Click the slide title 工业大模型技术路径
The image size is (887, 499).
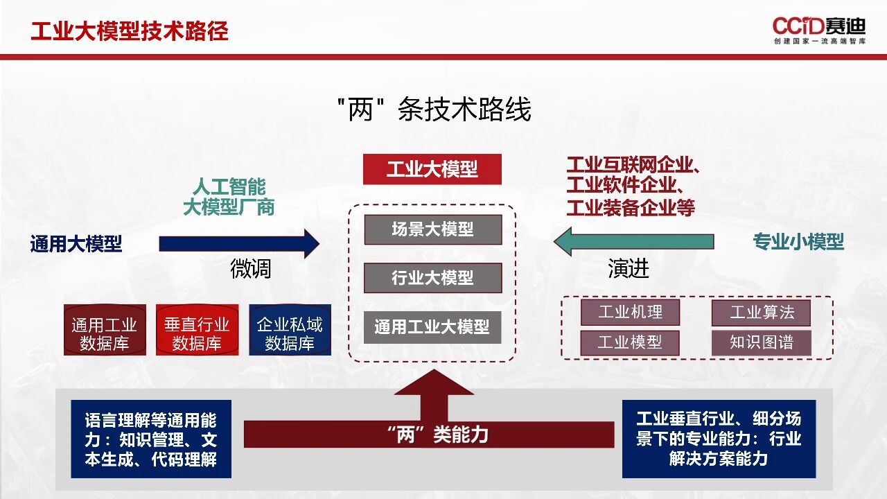(130, 31)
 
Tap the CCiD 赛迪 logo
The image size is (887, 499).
(819, 29)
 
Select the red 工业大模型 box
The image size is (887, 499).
(432, 169)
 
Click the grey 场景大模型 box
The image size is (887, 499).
(432, 229)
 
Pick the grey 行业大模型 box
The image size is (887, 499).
(432, 278)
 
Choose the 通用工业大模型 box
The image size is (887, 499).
(432, 326)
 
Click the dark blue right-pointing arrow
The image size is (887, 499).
(238, 243)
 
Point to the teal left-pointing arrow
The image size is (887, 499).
(633, 242)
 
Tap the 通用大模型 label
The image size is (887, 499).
(76, 244)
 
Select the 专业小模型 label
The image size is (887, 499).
(798, 242)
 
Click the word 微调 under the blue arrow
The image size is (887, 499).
(250, 269)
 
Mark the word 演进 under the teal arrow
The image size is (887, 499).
(629, 269)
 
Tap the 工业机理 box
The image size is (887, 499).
(630, 313)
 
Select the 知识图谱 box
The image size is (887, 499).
(761, 342)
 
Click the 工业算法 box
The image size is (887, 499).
(761, 313)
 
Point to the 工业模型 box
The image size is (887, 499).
(630, 342)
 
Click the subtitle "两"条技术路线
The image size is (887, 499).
(434, 110)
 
